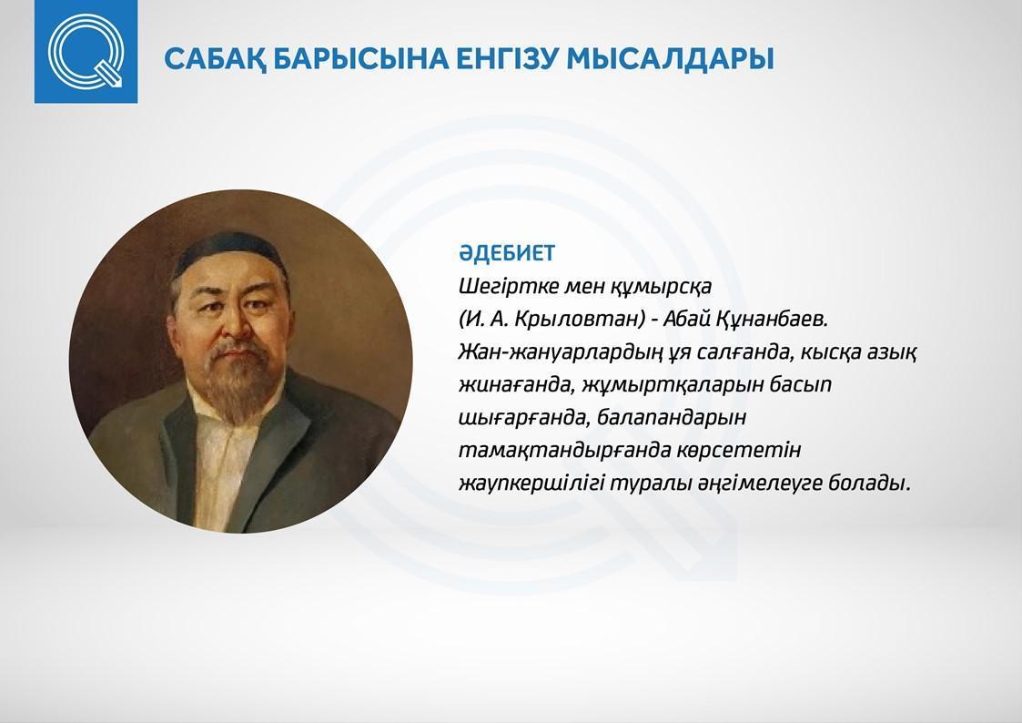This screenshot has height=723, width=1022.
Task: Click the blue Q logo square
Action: [x=86, y=52]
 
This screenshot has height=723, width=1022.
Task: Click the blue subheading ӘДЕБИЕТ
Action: [x=506, y=253]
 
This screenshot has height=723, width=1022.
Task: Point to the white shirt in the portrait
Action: [x=225, y=456]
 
